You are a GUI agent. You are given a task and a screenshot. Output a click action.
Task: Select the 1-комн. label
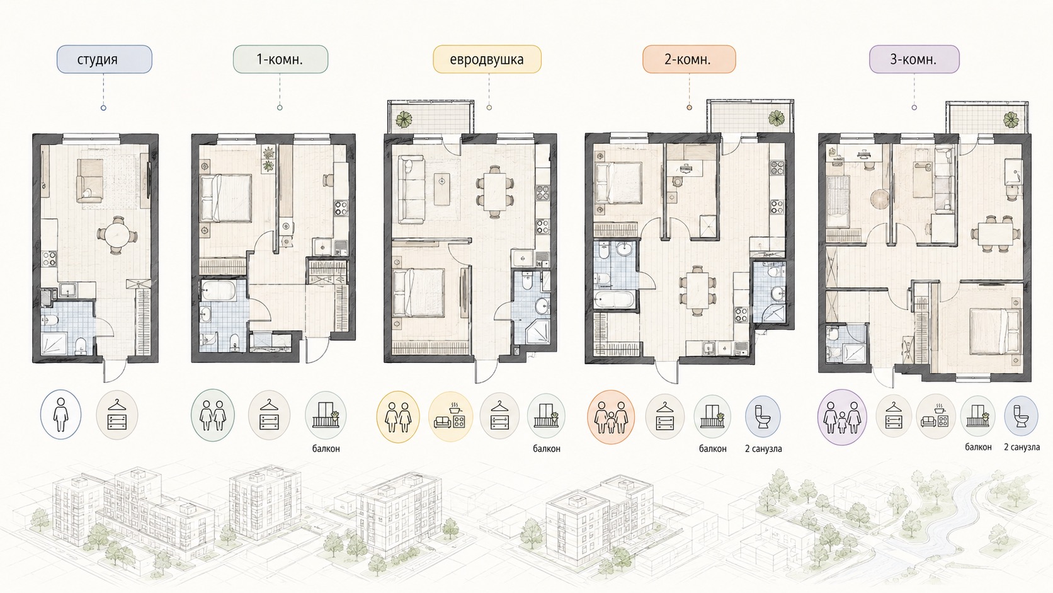coord(280,59)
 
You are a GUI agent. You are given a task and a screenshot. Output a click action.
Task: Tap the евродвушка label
coord(487,59)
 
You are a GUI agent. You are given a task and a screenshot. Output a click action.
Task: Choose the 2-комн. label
coord(689,59)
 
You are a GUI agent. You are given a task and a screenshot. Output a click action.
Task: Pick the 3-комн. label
coord(914,59)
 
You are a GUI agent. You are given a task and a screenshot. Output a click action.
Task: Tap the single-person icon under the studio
coord(60,414)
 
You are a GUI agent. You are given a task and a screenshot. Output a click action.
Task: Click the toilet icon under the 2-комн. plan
coord(763,417)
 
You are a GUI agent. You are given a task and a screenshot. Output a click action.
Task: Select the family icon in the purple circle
coord(842,417)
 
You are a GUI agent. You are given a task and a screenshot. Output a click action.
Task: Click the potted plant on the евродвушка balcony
coord(404,119)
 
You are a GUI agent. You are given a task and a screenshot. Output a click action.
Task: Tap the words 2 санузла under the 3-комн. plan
coord(1022,447)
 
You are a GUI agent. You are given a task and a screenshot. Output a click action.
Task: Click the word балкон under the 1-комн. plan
coord(326,448)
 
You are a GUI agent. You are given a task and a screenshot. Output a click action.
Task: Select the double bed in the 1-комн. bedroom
coord(225,198)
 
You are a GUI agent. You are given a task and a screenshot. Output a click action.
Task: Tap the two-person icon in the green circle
coord(213,415)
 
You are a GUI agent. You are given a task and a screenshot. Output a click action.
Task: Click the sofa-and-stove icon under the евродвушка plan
coord(450,417)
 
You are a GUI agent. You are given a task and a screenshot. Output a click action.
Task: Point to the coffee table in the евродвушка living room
coord(442,189)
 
